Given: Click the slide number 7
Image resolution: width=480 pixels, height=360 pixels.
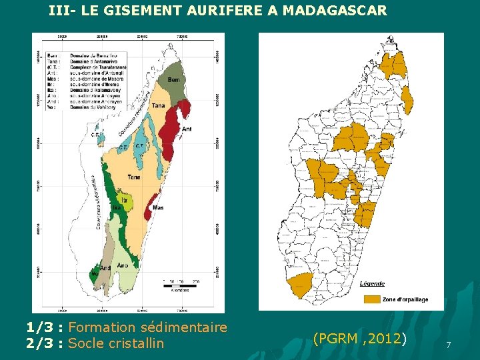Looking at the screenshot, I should click(x=449, y=345).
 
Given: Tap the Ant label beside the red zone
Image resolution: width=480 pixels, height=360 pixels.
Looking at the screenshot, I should click(x=186, y=129).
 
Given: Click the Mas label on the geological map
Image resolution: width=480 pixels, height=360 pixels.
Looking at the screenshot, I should click(x=158, y=207).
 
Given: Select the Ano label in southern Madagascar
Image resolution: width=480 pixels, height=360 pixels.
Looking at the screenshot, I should click(x=122, y=265).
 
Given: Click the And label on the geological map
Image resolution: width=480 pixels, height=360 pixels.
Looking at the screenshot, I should click(x=106, y=269).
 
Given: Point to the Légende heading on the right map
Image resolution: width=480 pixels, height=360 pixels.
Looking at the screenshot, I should click(x=372, y=283).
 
